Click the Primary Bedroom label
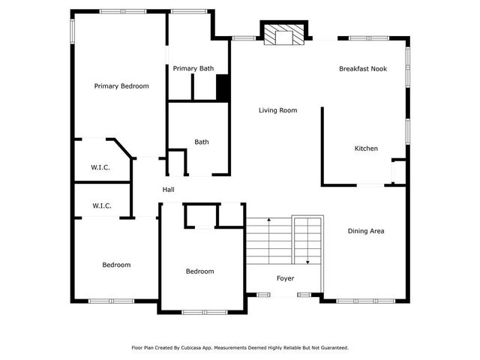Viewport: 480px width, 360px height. pos(121,86)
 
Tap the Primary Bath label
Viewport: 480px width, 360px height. pos(193,69)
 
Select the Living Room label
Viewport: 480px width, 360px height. pos(277,110)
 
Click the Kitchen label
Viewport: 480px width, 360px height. pos(366,148)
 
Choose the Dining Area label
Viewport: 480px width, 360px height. pos(366,231)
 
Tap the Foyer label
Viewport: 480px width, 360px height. pos(285,278)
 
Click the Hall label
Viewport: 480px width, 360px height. pos(169,190)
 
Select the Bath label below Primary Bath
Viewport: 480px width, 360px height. pos(201,142)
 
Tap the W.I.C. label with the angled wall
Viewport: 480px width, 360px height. pos(101,167)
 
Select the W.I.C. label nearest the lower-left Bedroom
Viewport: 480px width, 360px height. pos(101,205)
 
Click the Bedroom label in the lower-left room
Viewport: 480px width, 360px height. pos(116,265)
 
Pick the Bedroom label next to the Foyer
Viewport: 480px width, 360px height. pos(199,271)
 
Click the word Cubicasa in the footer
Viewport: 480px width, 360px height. pos(196,348)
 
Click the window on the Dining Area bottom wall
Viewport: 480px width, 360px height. pos(354,301)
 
